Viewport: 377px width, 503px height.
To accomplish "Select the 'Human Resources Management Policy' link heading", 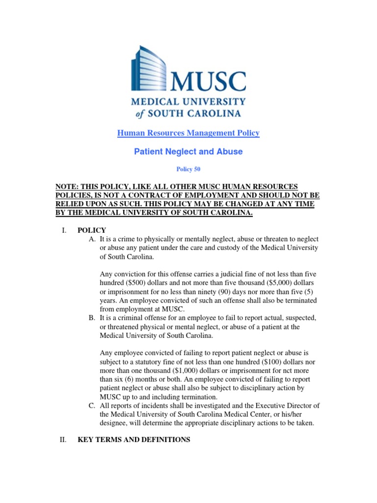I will (188, 133).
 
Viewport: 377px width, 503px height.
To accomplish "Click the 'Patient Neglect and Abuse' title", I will (188, 152).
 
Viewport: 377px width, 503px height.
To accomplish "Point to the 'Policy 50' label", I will (188, 169).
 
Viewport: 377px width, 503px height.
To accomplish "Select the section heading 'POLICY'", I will (92, 230).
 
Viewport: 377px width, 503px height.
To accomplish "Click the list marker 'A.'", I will (92, 239).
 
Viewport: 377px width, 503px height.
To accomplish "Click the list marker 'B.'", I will (92, 318).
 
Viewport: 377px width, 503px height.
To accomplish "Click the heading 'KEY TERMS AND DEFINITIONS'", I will (134, 440).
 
